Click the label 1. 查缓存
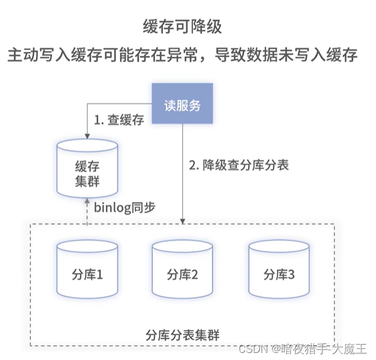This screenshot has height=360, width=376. point(119,120)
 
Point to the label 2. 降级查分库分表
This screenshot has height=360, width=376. point(238,165)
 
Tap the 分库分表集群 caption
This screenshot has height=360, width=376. point(182,335)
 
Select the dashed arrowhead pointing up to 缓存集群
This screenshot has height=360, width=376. point(88,201)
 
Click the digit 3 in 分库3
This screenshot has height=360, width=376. point(291,274)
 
